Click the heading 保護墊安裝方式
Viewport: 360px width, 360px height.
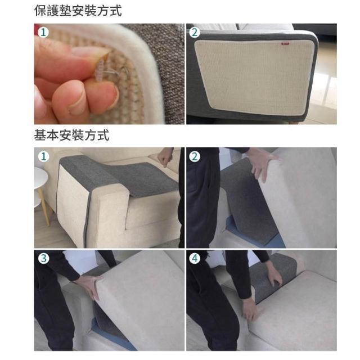tap(78, 11)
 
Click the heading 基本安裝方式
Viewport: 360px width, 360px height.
tap(71, 135)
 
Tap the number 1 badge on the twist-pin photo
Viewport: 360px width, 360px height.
tap(43, 32)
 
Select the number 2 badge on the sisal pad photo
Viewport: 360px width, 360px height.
tap(195, 32)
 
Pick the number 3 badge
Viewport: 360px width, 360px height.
tap(43, 258)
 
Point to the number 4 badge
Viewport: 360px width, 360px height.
tap(195, 258)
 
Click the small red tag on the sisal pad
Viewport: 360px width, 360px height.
tap(285, 44)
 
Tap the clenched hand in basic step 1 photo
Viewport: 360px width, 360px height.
tap(165, 158)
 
